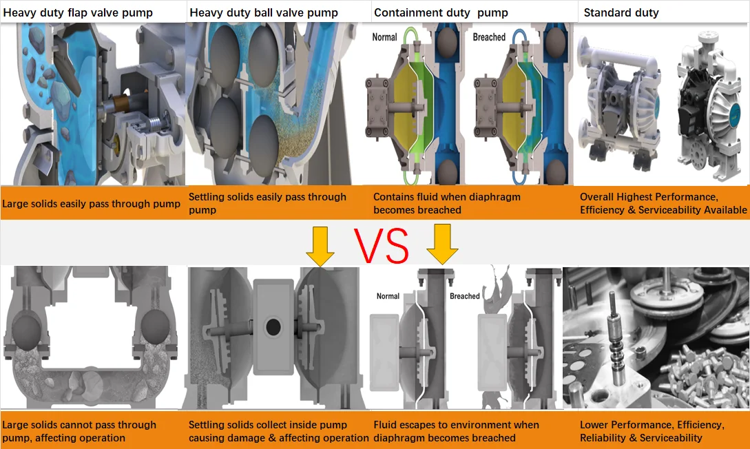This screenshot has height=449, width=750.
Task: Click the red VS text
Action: pyautogui.click(x=382, y=246)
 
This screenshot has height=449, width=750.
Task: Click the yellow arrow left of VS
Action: pyautogui.click(x=320, y=247)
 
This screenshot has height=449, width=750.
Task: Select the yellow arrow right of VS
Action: pyautogui.click(x=442, y=244)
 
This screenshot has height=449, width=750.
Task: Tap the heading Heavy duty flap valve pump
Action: pyautogui.click(x=78, y=13)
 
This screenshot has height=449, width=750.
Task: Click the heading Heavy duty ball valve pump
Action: pyautogui.click(x=264, y=13)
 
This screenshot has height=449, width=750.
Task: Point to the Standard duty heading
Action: pyautogui.click(x=621, y=13)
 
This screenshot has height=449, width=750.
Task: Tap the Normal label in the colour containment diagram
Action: pyautogui.click(x=384, y=37)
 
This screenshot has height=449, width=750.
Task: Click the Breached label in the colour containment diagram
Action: pyautogui.click(x=489, y=37)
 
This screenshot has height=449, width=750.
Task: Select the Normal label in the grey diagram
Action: pyautogui.click(x=388, y=296)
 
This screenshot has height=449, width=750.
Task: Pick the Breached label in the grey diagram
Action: pyautogui.click(x=464, y=296)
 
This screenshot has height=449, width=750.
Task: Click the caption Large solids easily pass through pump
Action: pyautogui.click(x=91, y=204)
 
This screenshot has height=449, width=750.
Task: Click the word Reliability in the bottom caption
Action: pyautogui.click(x=603, y=437)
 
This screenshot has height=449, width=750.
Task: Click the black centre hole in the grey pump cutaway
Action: pyautogui.click(x=273, y=328)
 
